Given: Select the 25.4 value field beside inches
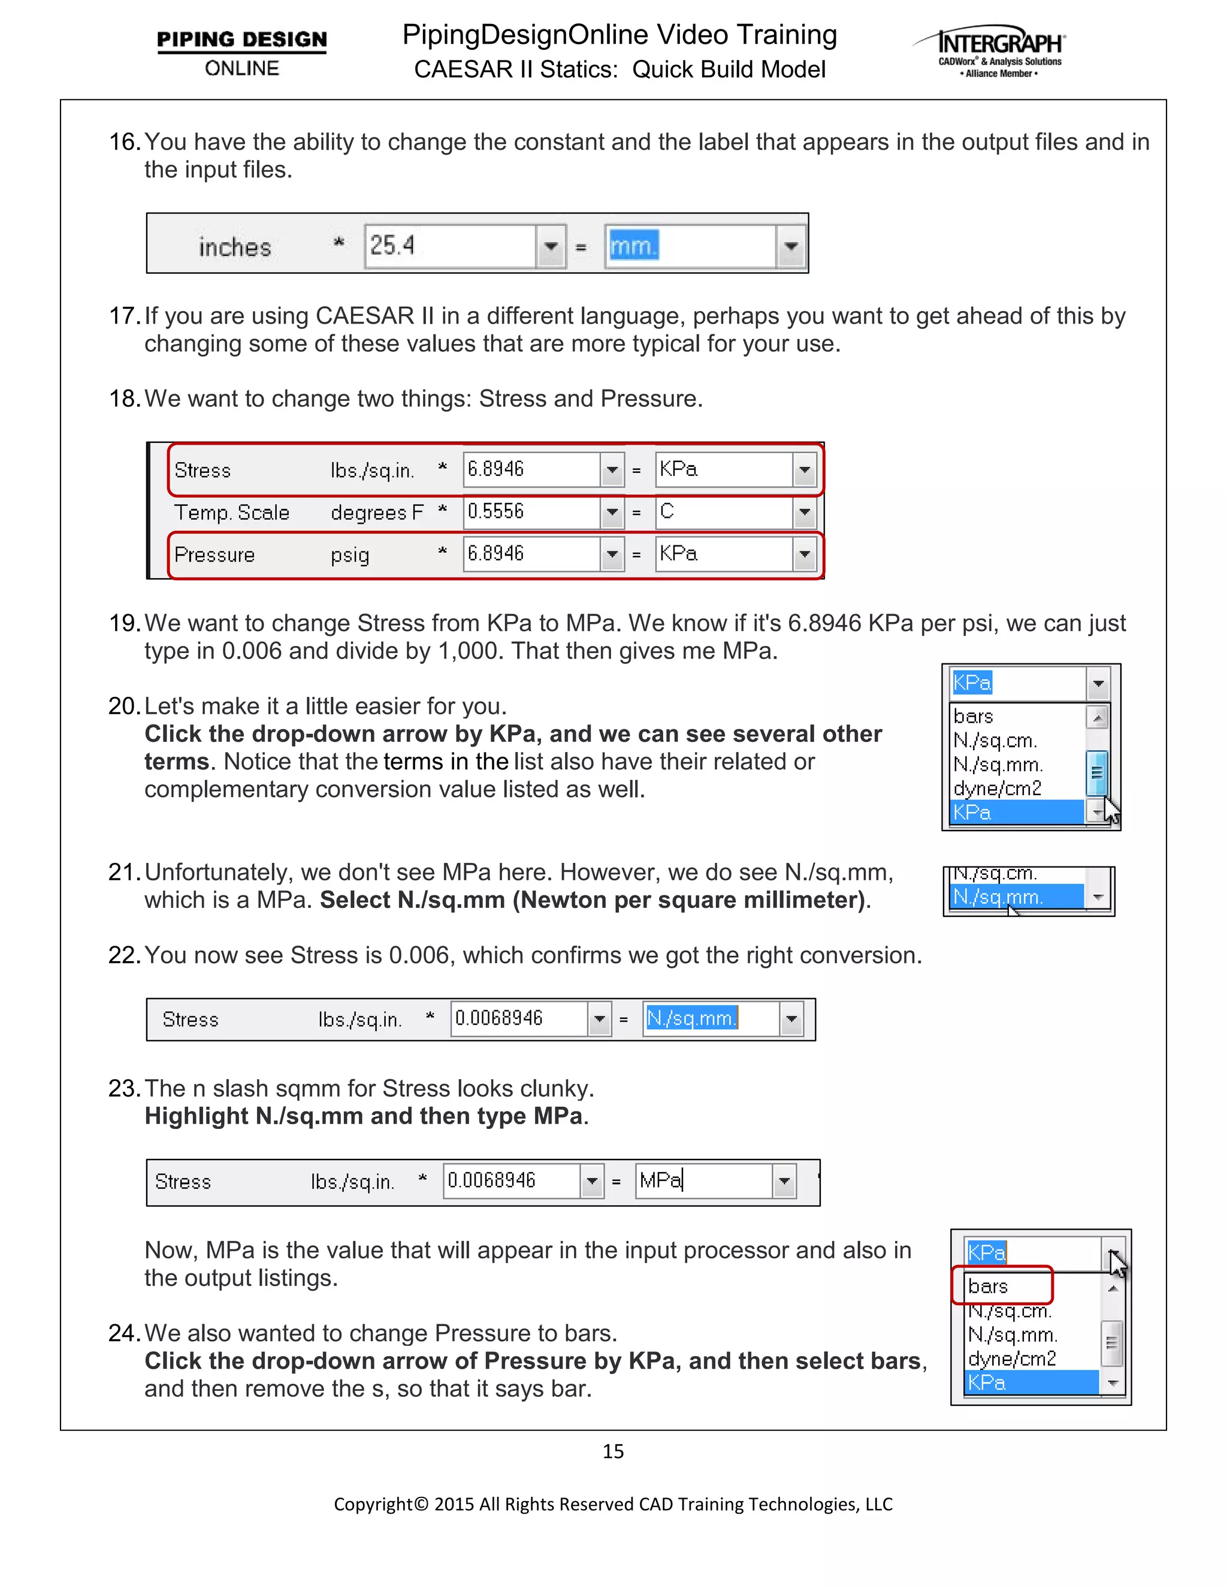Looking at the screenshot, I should tap(451, 246).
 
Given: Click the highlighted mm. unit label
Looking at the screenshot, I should tap(634, 246).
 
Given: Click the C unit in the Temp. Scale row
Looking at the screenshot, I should tap(667, 511).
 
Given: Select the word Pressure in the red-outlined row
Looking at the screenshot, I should tap(214, 555).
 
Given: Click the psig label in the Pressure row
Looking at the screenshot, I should tap(350, 555).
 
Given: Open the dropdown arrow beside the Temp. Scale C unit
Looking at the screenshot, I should tap(805, 512).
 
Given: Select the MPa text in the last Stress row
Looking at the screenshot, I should tap(660, 1180).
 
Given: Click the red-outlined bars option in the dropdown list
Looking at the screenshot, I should tap(989, 1286).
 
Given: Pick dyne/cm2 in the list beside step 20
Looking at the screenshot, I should tap(998, 788).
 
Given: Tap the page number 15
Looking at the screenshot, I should tap(613, 1451).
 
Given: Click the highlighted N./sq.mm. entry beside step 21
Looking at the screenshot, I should tap(999, 896).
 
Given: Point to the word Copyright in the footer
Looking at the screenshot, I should tap(373, 1504).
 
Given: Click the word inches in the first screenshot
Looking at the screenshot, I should tap(235, 247).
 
